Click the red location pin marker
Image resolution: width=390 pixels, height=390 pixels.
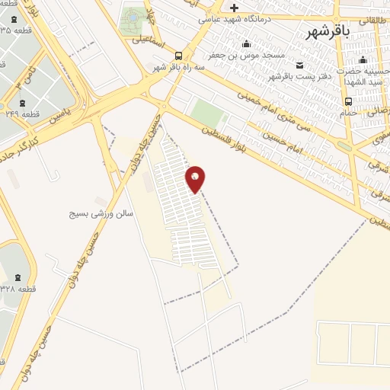[196, 179]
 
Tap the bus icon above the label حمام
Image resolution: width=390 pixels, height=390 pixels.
[348, 101]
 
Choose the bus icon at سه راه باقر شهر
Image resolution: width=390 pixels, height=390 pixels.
[178, 55]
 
